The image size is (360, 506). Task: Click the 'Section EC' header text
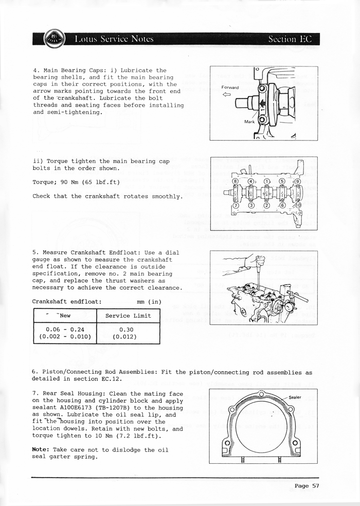tap(290, 39)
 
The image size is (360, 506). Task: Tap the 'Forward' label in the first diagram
tap(230, 87)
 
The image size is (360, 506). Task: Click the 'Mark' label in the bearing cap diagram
tap(249, 122)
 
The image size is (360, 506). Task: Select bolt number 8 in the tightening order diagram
tap(236, 181)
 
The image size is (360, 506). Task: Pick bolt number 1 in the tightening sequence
tap(266, 181)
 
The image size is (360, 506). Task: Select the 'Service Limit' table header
tap(128, 316)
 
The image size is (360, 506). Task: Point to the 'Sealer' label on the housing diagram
tap(295, 397)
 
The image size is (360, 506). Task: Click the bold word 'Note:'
tap(41, 449)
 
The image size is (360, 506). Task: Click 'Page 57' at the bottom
tap(307, 485)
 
